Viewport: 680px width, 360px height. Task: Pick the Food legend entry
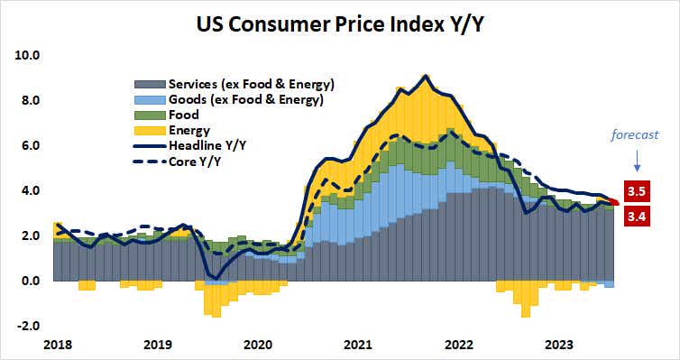click(184, 115)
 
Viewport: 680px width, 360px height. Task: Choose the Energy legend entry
click(190, 131)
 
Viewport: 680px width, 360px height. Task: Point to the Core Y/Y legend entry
click(198, 162)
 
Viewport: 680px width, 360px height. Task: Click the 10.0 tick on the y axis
click(28, 55)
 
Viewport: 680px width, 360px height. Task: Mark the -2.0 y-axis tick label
click(29, 326)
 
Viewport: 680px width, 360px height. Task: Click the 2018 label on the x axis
click(57, 344)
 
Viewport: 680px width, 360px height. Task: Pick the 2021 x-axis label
click(358, 344)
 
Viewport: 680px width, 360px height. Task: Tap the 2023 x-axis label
click(559, 344)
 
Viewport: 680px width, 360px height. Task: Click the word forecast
click(637, 134)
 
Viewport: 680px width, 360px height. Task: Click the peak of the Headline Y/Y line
click(425, 76)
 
